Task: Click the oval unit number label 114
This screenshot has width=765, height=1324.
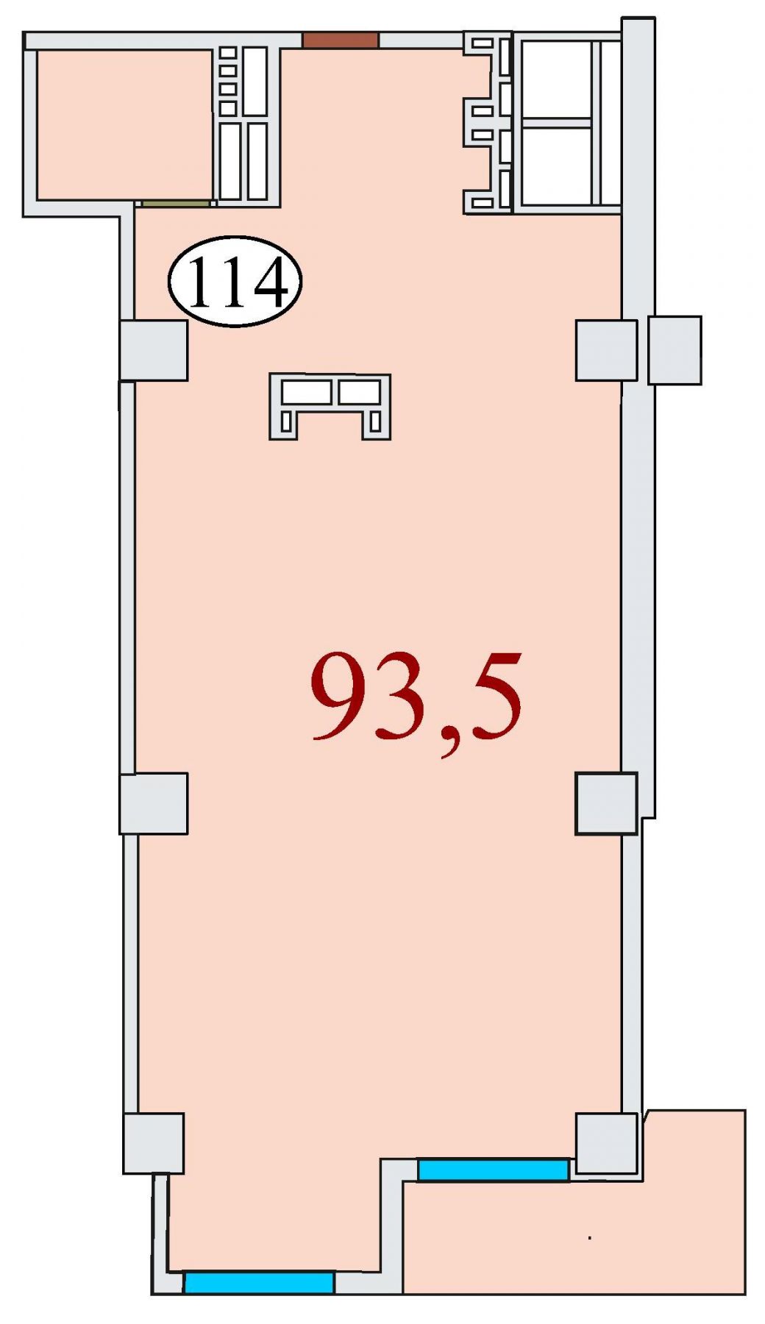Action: click(235, 281)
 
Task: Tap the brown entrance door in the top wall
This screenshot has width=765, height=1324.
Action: click(341, 40)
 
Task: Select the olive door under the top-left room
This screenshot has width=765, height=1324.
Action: click(177, 203)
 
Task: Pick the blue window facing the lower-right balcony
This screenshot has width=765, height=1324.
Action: click(493, 1170)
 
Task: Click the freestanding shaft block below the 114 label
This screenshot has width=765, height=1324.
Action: click(330, 407)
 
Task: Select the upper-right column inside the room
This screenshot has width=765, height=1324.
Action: click(606, 350)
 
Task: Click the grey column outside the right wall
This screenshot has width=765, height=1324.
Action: click(675, 350)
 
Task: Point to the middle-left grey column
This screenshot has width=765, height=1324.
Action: click(154, 803)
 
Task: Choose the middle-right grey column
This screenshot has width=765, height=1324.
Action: click(606, 803)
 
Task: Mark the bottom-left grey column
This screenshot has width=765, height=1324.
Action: click(153, 1144)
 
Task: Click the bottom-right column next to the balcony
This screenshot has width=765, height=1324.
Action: click(606, 1144)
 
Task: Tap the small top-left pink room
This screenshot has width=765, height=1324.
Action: click(124, 124)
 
